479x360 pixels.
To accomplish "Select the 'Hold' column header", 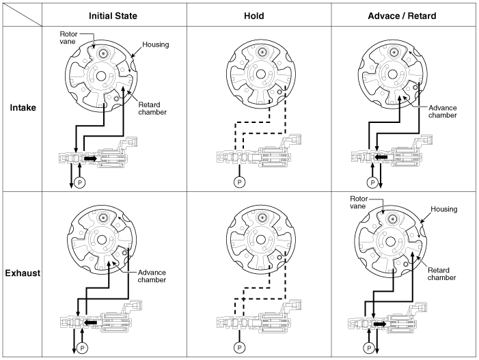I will point(258,15).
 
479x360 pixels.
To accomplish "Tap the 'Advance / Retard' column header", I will point(401,15).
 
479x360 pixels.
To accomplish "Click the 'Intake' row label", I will point(23,107).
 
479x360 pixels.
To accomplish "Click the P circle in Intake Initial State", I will point(79,183).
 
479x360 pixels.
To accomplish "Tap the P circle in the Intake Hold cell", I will point(238,182).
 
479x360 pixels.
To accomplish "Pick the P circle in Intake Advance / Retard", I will point(372,182).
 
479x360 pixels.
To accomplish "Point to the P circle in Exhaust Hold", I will point(238,347).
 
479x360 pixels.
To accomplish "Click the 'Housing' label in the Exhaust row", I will point(444,209).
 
